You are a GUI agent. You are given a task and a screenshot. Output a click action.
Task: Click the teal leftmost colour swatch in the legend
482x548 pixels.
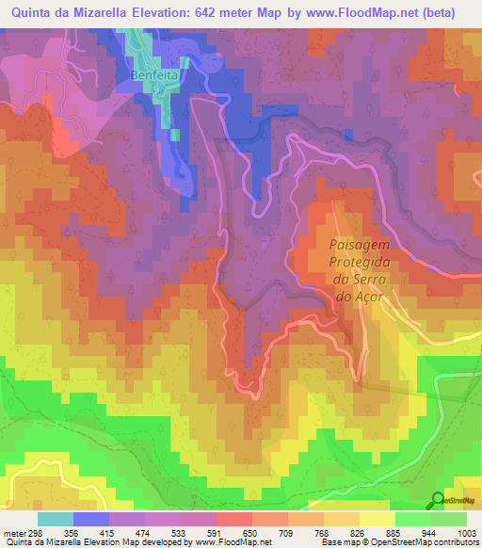point(55,519)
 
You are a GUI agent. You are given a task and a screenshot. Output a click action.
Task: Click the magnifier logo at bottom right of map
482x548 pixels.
point(437,499)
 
